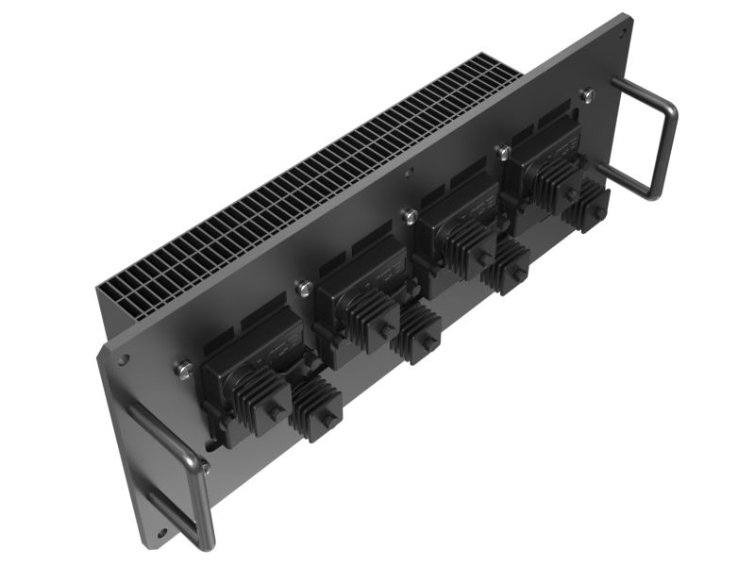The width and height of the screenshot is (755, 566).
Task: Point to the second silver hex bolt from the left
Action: click(x=304, y=288)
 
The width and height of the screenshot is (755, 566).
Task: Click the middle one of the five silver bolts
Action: click(x=409, y=216)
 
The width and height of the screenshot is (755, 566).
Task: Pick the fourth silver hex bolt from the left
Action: click(x=503, y=151)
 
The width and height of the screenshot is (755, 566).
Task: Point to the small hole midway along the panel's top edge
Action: click(x=408, y=173)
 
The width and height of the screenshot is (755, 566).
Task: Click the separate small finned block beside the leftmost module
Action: click(x=316, y=410)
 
